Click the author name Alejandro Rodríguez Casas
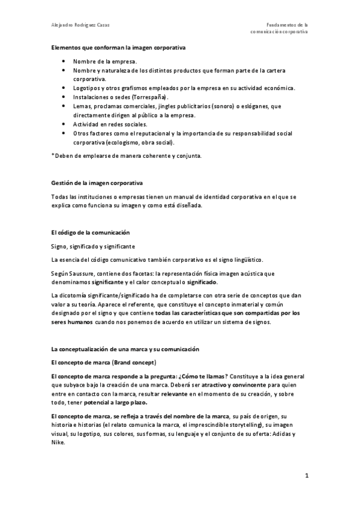click(x=80, y=25)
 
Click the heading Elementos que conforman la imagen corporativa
click(x=118, y=47)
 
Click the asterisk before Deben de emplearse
click(x=53, y=156)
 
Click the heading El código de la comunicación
click(x=90, y=232)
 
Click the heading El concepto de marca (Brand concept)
click(x=103, y=363)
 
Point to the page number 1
click(x=306, y=477)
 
